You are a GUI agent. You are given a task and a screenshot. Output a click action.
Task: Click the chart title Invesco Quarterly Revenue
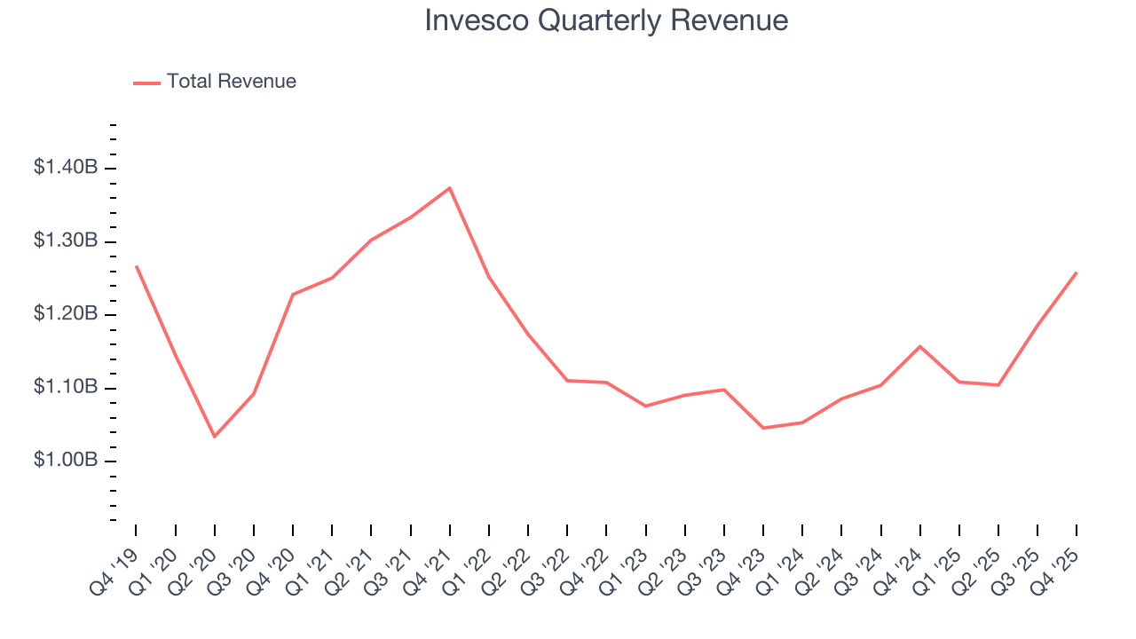point(606,20)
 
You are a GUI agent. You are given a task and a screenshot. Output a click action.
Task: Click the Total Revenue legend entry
point(215,82)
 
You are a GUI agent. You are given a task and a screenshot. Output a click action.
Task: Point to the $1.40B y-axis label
point(65,168)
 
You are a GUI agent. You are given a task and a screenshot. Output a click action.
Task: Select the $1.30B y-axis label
point(65,241)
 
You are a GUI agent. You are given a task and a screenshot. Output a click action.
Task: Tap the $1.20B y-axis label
point(65,315)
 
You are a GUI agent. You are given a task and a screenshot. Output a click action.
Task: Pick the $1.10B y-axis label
point(65,388)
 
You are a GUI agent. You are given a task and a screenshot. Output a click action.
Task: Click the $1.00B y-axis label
point(65,461)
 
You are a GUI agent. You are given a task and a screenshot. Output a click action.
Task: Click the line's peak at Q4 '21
point(450,187)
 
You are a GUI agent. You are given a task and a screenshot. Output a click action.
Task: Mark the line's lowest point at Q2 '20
point(215,437)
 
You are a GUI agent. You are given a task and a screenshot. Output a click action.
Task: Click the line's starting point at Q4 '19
point(137,266)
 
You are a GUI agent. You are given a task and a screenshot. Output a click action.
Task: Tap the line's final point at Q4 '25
point(1077,272)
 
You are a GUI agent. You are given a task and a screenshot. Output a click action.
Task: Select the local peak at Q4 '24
point(919,346)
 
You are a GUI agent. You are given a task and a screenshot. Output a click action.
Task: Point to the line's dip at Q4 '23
point(763,428)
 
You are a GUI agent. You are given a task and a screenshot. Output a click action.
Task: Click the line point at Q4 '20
point(293,295)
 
